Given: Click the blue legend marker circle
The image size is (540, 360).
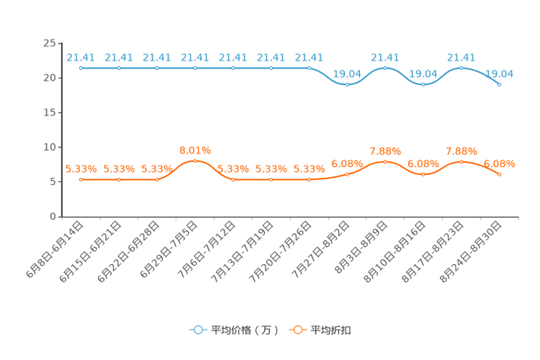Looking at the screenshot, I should point(197,330).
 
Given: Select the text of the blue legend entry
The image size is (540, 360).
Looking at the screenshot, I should point(244,330).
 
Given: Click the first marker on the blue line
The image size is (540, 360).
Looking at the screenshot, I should point(81,68).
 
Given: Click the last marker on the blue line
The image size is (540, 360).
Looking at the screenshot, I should point(499,84).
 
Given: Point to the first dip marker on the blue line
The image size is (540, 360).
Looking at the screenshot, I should point(347,84).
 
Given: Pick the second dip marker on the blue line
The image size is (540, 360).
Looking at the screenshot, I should point(423,84).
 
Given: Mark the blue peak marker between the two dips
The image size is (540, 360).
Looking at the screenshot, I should point(385,68).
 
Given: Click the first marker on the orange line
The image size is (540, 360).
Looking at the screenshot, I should point(81,179).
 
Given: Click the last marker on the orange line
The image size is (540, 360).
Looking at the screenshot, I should point(499,174).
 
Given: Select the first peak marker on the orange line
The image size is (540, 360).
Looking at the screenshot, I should point(195,160).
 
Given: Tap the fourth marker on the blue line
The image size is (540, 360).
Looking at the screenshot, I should point(195,68).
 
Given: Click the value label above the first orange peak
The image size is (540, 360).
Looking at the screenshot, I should point(195,150).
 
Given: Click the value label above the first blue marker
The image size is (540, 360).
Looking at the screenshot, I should point(81,57).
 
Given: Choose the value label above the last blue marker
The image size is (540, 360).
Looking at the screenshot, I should point(499,73).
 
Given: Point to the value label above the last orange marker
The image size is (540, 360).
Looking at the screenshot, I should point(499,163).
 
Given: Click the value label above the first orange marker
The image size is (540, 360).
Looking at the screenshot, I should point(81,168).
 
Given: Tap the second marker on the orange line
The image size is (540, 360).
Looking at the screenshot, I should point(118,179).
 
